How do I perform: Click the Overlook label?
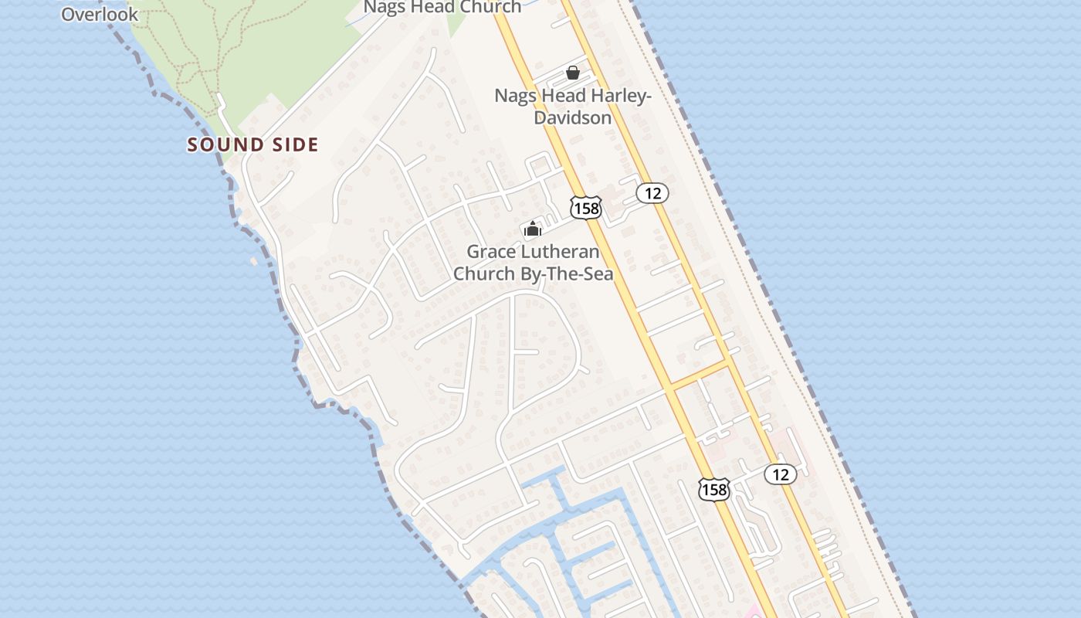tap(100, 14)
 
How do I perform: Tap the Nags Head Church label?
tap(442, 7)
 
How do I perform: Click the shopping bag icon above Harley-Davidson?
tap(573, 73)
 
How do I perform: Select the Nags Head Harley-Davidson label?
tap(573, 107)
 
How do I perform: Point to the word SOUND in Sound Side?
tap(222, 144)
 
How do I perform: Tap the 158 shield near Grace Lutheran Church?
tap(585, 207)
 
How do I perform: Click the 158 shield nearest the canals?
tap(714, 489)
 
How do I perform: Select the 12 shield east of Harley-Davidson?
tap(652, 193)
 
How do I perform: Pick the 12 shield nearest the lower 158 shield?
tap(781, 474)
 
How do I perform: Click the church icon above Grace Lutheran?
tap(533, 229)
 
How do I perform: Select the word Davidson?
tap(573, 117)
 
